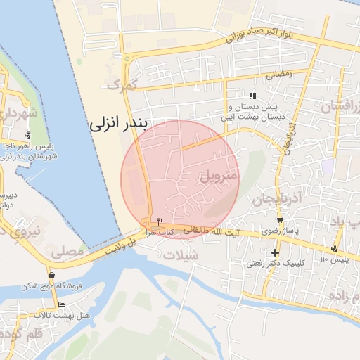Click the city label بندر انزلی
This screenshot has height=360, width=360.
[120, 125]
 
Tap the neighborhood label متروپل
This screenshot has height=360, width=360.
[220, 175]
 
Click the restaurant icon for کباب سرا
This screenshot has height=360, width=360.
[160, 221]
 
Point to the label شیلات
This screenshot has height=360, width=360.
[181, 255]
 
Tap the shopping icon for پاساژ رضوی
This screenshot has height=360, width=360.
[281, 221]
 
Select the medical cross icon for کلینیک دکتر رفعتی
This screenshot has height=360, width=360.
[275, 252]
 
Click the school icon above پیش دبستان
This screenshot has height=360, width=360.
[252, 96]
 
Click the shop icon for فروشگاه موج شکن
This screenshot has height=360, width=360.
[51, 274]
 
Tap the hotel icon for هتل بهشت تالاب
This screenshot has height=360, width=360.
[61, 304]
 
